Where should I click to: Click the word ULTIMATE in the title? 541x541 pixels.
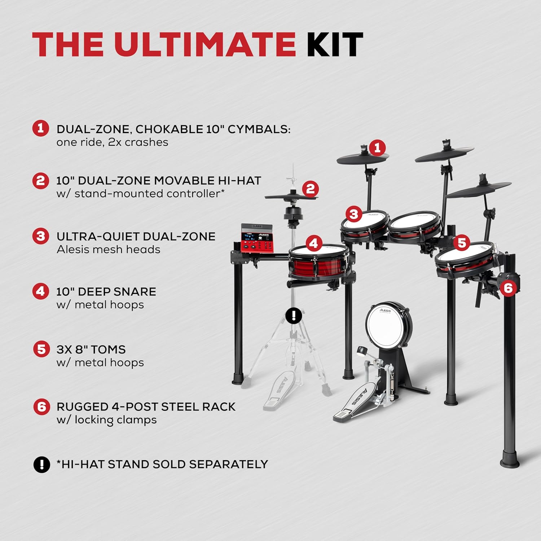click(x=205, y=44)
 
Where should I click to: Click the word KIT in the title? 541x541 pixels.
click(x=335, y=44)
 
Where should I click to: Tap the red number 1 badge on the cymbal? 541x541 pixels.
click(x=378, y=148)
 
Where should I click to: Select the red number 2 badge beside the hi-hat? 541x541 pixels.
click(x=310, y=189)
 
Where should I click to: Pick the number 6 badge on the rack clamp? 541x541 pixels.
click(x=508, y=288)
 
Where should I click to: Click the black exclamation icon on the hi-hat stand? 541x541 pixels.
click(x=294, y=316)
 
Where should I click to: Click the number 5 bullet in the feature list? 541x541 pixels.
click(x=41, y=349)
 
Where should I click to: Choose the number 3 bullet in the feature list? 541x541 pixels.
click(x=41, y=236)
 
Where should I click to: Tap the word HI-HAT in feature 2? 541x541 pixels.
click(x=239, y=180)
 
